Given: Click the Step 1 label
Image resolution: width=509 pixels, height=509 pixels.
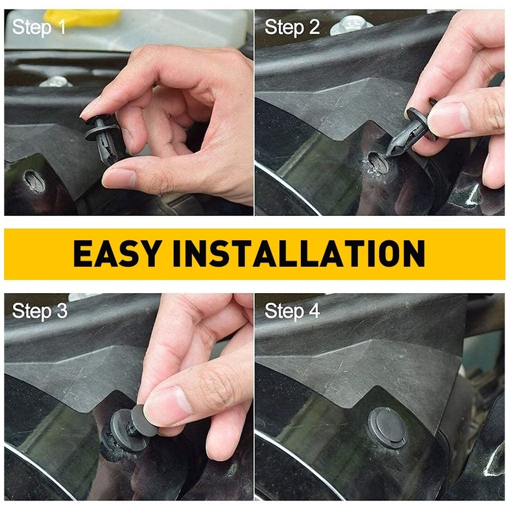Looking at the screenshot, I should click(39, 27).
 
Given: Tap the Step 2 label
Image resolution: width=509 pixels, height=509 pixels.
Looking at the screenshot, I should click(292, 27).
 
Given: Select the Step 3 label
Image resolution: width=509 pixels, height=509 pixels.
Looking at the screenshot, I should click(40, 311).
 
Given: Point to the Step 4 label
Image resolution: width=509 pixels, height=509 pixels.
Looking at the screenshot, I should click(292, 311).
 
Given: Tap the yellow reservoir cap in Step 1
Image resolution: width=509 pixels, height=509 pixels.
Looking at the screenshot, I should click(80, 16).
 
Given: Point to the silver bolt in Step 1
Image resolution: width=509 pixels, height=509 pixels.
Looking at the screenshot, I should click(55, 82).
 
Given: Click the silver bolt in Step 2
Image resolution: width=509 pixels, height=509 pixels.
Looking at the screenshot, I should click(351, 24).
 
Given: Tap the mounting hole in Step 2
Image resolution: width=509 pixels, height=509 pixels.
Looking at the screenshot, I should click(378, 162).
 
